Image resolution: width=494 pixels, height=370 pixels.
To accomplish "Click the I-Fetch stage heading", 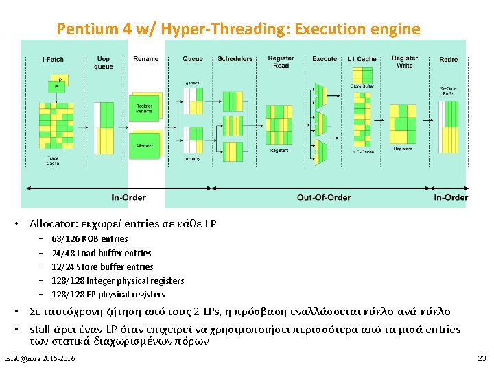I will coord(53,60).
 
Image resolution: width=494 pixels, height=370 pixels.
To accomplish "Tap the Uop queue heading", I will coord(104,62).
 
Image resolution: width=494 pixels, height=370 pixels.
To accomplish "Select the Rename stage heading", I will coord(145,59).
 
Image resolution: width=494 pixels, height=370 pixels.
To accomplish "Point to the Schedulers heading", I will coord(235,59).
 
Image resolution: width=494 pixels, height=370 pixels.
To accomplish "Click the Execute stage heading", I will coord(325,59).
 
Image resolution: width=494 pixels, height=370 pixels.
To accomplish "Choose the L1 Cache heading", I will coord(362,59).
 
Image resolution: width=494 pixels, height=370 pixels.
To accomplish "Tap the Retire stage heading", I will coord(448,60).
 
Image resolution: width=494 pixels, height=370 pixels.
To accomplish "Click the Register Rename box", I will coord(144,108).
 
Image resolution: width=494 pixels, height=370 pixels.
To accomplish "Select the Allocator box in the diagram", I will coord(144,146).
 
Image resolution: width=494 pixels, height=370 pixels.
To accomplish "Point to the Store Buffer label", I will coord(362,86).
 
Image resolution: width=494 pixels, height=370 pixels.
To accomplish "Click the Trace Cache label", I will coord(53,162).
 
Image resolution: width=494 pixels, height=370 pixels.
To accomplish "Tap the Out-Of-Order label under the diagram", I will coord(324,197).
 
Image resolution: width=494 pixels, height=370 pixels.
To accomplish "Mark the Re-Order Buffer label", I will coord(448,90).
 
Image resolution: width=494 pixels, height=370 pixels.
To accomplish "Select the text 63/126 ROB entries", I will coord(90,239).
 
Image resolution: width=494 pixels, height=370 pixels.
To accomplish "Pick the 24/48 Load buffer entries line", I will coord(102,253).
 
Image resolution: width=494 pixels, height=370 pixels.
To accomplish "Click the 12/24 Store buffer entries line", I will coord(102,267).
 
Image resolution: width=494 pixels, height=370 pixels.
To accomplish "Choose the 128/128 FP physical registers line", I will coord(108,294).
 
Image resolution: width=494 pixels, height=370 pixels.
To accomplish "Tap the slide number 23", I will coord(481,358).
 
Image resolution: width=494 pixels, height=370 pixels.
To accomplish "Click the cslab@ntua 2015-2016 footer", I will coord(40,359).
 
